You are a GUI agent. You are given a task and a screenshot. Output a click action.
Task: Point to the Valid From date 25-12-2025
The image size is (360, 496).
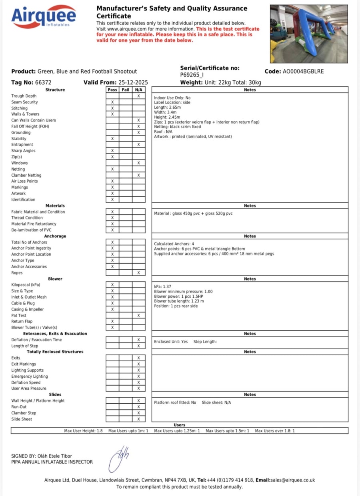130,82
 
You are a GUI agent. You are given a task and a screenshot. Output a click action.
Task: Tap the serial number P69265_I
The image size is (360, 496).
192,75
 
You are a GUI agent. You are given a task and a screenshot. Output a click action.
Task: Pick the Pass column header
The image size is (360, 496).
112,90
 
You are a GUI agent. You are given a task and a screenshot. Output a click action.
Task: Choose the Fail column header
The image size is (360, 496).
126,90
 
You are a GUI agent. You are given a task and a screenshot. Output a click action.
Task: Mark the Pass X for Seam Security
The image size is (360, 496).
112,102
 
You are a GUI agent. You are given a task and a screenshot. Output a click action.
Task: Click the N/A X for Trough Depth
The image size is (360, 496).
138,96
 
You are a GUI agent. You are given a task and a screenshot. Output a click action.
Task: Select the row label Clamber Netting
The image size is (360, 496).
26,175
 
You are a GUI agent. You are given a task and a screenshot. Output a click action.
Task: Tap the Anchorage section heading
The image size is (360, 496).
55,236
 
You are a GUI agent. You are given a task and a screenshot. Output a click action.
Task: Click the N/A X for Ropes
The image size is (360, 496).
138,273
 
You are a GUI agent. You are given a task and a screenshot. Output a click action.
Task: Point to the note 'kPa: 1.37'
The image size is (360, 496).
162,287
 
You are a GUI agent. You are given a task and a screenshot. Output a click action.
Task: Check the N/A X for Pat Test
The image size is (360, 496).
138,315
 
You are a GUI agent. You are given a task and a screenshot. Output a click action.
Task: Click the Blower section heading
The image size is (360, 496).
55,279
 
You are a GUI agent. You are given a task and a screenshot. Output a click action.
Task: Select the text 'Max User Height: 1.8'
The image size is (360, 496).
83,431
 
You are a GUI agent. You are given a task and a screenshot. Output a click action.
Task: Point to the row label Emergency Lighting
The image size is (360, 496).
30,376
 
